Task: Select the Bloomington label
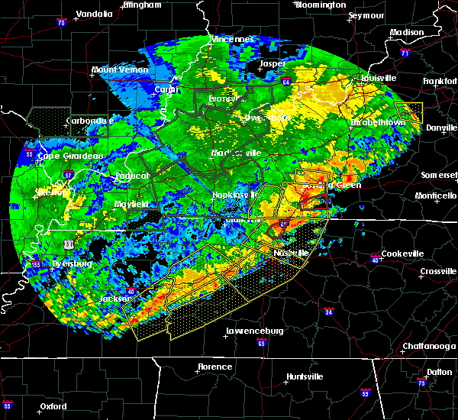pyautogui.click(x=321, y=5)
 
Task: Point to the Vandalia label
pyautogui.click(x=98, y=15)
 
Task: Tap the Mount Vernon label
pyautogui.click(x=119, y=69)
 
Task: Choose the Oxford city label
pyautogui.click(x=54, y=406)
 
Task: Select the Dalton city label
pyautogui.click(x=439, y=372)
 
